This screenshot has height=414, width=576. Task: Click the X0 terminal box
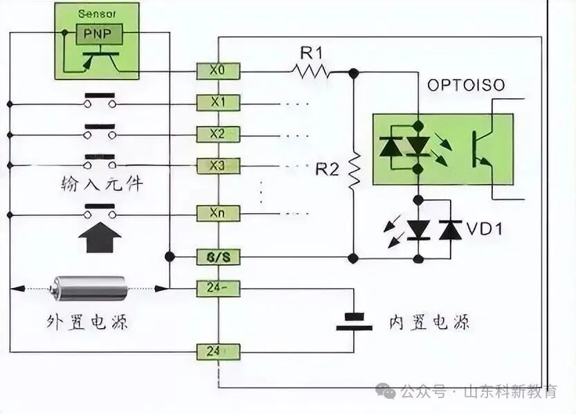(218, 70)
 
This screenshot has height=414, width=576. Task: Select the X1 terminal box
(218, 102)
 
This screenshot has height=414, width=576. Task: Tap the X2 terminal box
(218, 133)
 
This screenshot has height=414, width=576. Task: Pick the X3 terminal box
(218, 165)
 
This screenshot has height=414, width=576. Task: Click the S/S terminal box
(218, 258)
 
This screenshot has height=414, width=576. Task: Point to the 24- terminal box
(218, 287)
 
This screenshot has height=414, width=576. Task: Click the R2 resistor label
(328, 168)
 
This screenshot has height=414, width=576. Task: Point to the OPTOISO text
(466, 86)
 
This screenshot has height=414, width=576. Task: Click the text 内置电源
(429, 322)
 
